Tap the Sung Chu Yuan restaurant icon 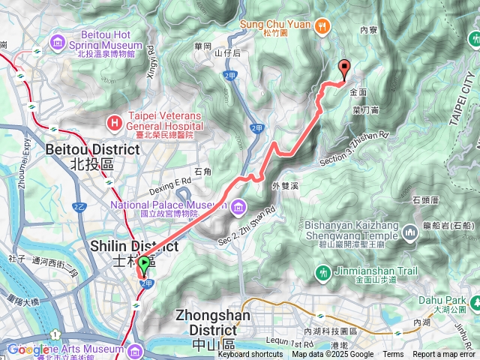pyautogui.click(x=322, y=25)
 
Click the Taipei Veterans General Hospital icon pyautogui.click(x=114, y=121)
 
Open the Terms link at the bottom pyautogui.click(x=393, y=354)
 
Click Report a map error pyautogui.click(x=445, y=354)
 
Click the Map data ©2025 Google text pyautogui.click(x=332, y=354)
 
